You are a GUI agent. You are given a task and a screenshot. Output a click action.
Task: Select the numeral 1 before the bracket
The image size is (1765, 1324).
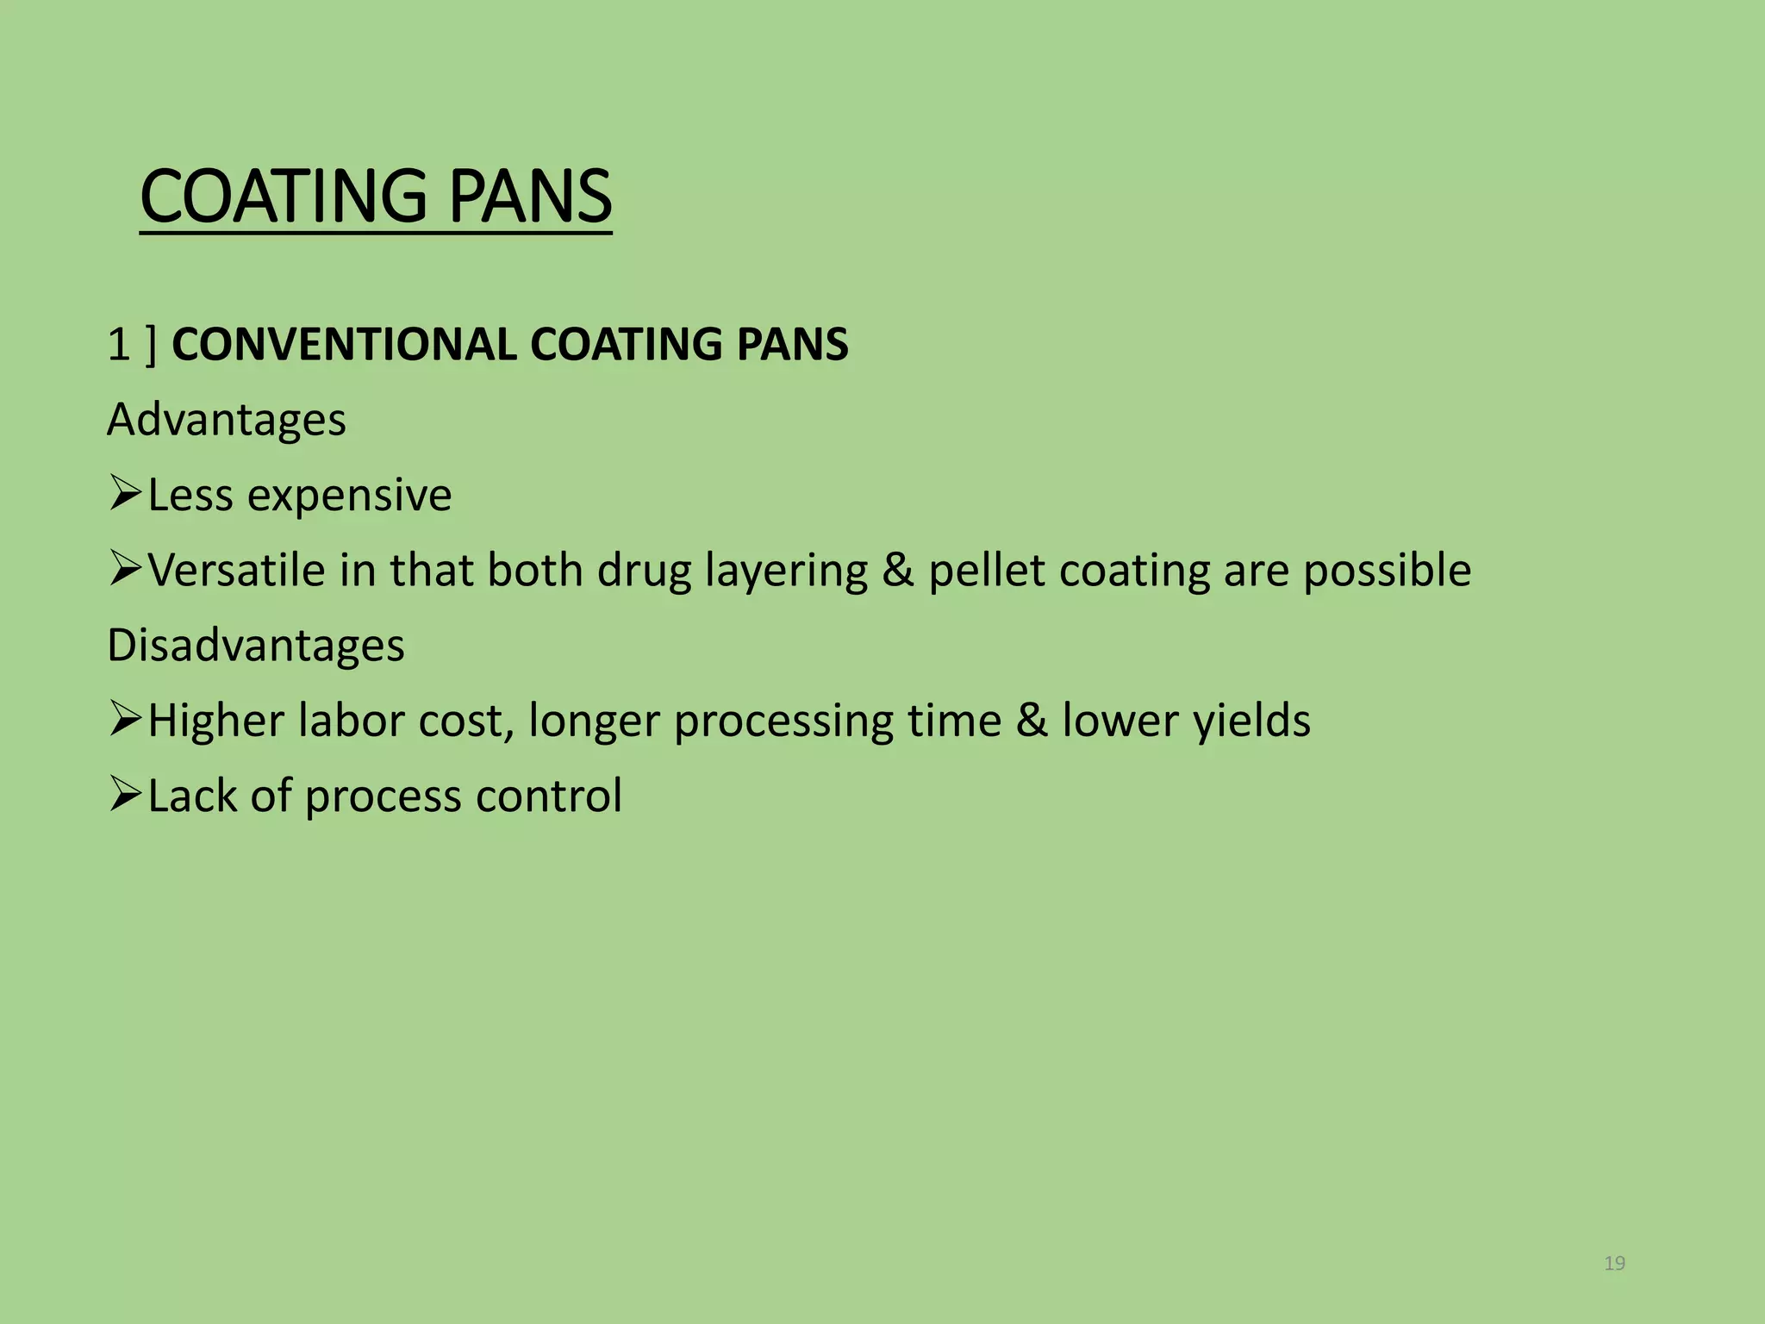(118, 345)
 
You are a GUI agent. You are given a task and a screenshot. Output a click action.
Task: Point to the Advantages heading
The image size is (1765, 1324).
(226, 421)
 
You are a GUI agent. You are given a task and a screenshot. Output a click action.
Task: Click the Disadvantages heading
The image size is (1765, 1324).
(255, 646)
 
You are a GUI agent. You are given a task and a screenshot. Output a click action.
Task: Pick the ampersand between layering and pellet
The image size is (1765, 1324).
(897, 571)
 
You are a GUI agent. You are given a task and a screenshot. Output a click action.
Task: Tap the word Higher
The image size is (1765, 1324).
(215, 721)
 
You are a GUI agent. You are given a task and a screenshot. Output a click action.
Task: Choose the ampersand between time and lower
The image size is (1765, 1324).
(1031, 721)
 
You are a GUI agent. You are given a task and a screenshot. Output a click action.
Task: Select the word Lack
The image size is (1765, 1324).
(191, 796)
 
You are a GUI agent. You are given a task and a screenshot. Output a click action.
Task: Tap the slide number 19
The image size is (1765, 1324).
(1614, 1264)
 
